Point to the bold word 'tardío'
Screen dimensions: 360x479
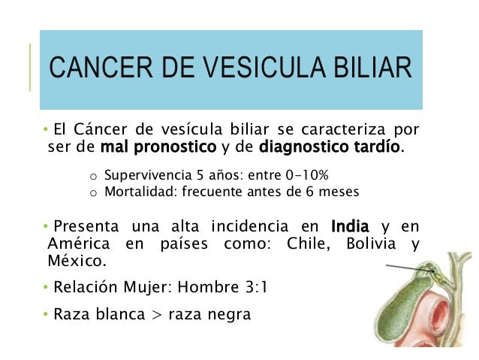tap(379, 147)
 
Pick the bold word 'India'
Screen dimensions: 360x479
tap(349, 226)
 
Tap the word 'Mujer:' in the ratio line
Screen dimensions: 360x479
tap(146, 288)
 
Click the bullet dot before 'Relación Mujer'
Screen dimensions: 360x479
tap(46, 288)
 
